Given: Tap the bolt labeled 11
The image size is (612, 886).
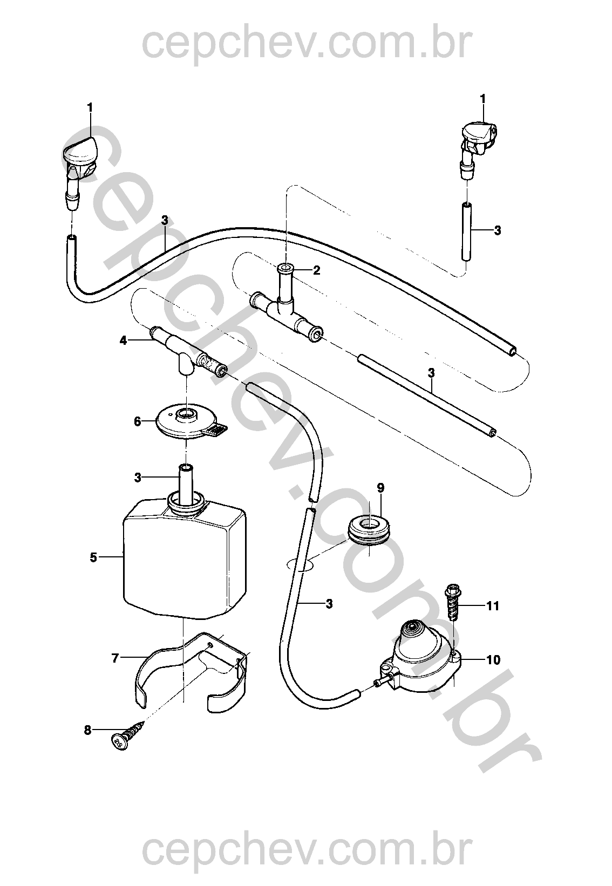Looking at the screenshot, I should (x=452, y=605).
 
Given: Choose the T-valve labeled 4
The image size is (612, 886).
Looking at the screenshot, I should (x=183, y=353).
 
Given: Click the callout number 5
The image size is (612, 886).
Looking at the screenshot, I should (x=93, y=557).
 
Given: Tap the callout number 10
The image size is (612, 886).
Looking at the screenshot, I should (x=493, y=660).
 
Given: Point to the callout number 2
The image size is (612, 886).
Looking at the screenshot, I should (x=316, y=270).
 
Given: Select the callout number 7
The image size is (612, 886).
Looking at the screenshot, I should (x=114, y=658).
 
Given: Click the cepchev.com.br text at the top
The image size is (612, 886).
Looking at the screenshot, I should (x=306, y=44).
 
